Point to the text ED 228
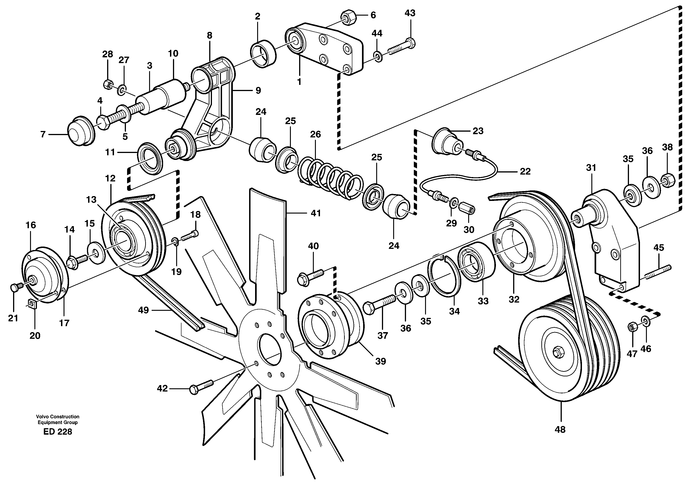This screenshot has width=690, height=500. click(x=58, y=432)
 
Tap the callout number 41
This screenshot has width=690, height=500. click(x=316, y=213)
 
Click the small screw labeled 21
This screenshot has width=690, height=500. click(x=16, y=286)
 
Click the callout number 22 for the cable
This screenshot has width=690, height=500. click(x=525, y=172)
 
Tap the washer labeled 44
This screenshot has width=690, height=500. click(x=378, y=57)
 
